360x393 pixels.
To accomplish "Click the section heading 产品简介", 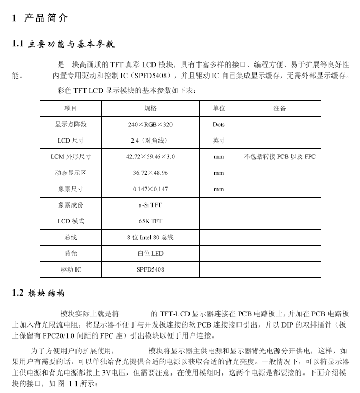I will (x=46, y=19).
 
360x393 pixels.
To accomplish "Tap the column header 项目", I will (x=71, y=108).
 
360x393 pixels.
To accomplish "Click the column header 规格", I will (x=150, y=108).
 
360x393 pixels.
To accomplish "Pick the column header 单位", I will (x=219, y=108).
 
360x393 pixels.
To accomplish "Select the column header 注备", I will (x=280, y=108).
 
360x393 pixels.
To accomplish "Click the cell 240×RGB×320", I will (x=150, y=125).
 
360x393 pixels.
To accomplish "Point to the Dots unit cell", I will (x=219, y=125).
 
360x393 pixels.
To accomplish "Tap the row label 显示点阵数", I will (x=71, y=125).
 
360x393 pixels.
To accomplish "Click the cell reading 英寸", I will (x=219, y=141).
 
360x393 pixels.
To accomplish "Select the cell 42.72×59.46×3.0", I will (x=150, y=157).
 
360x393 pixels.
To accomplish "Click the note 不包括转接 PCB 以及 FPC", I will (x=280, y=157).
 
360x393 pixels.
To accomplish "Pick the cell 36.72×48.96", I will (x=150, y=173).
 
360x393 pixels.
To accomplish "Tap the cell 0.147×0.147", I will (x=150, y=189).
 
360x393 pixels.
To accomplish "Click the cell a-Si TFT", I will (x=150, y=205).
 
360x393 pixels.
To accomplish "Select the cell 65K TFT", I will (x=150, y=221).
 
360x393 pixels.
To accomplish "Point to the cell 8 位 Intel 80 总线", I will (x=150, y=238).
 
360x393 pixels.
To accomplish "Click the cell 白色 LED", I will (x=150, y=254).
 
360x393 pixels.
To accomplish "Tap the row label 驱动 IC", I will (x=71, y=269).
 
